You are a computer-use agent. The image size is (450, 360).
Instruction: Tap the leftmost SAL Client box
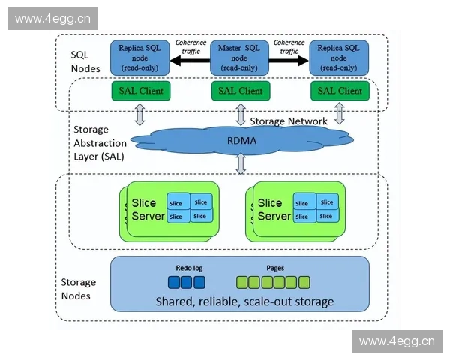(140, 91)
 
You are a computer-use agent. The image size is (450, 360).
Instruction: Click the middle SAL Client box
(239, 91)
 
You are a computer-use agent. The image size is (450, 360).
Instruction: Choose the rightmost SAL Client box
(339, 91)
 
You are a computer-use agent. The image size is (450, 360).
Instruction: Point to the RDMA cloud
(239, 139)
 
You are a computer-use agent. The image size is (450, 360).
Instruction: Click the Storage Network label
(288, 121)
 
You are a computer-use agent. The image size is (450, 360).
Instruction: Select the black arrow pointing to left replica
(190, 63)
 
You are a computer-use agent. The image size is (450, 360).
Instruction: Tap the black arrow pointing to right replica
(289, 63)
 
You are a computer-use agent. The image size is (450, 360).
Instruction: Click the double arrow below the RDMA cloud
(240, 163)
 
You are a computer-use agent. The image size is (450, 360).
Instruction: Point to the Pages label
(275, 268)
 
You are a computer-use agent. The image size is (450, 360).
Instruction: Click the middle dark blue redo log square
(187, 283)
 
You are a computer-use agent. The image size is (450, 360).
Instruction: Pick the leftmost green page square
(242, 283)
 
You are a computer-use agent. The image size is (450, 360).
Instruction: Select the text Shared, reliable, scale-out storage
(244, 301)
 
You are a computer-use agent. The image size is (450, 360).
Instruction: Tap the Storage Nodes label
(78, 289)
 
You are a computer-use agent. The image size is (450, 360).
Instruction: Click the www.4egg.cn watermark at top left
(43, 18)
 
